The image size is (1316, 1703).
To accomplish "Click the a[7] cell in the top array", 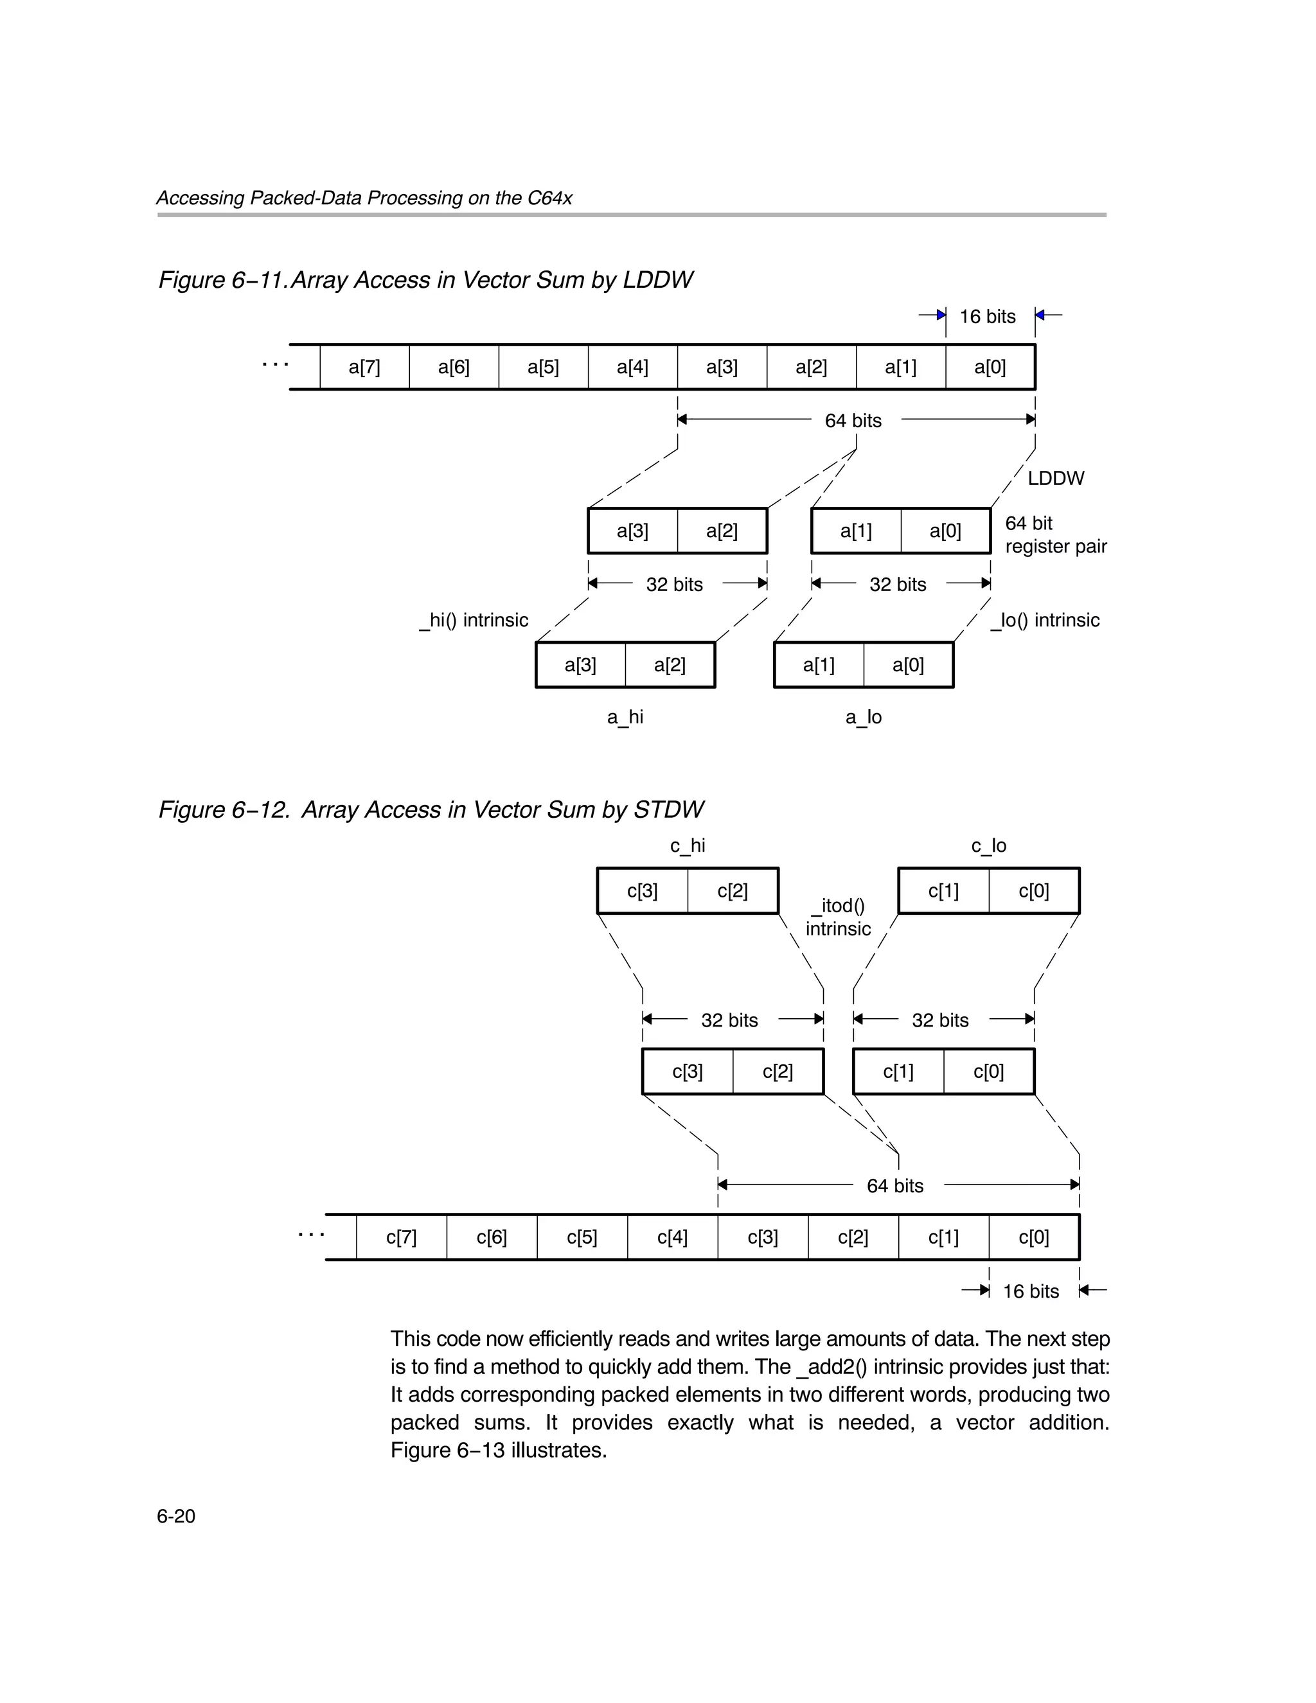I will (x=364, y=367).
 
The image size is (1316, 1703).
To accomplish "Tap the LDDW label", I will (x=1056, y=479).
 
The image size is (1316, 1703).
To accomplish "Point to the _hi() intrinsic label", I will (x=474, y=621).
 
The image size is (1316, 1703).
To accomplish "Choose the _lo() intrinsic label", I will (x=1045, y=621).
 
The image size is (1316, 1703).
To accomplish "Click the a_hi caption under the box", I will (x=625, y=718).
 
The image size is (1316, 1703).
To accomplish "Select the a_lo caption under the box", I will (x=863, y=718).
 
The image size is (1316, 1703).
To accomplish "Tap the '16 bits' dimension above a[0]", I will (x=987, y=317).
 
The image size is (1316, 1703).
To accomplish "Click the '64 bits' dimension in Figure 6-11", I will (x=853, y=421).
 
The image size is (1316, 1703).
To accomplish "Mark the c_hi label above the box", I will (x=688, y=846).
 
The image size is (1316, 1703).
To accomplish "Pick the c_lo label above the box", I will (x=988, y=846).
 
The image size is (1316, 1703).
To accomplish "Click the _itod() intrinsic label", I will (x=838, y=917).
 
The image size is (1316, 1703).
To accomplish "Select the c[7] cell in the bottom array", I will (x=401, y=1237).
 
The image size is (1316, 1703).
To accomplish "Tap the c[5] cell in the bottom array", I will (x=582, y=1237).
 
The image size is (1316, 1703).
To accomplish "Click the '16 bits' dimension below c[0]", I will (x=1031, y=1292).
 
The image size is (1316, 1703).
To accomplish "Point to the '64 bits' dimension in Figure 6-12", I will (x=894, y=1186).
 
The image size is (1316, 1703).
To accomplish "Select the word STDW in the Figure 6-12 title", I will (x=668, y=810).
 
